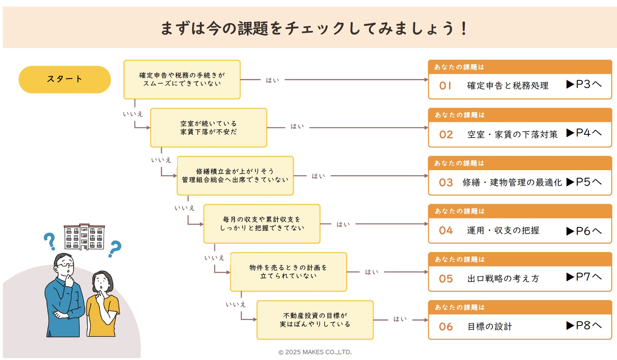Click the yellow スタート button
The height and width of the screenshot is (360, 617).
pyautogui.click(x=64, y=79)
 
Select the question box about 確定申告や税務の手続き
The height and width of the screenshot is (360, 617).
pyautogui.click(x=182, y=79)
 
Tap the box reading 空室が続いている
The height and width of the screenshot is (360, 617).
pyautogui.click(x=209, y=128)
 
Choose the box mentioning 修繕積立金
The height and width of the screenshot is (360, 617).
pyautogui.click(x=235, y=176)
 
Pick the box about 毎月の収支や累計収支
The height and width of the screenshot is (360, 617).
pyautogui.click(x=262, y=224)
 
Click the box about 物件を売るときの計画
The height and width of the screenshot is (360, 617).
pyautogui.click(x=289, y=272)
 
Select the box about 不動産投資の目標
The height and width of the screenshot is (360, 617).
pyautogui.click(x=315, y=320)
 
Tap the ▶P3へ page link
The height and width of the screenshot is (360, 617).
pyautogui.click(x=584, y=84)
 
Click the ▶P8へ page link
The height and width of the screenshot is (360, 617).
pyautogui.click(x=584, y=326)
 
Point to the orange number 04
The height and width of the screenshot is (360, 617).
pyautogui.click(x=446, y=230)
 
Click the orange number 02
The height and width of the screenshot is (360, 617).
pyautogui.click(x=446, y=135)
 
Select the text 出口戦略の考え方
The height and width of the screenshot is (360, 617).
pyautogui.click(x=503, y=278)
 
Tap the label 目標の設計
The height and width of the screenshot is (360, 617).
pyautogui.click(x=490, y=326)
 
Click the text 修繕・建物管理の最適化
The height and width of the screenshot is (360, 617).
pyautogui.click(x=512, y=182)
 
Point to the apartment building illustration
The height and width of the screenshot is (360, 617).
pyautogui.click(x=84, y=237)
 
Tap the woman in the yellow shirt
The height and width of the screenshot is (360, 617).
pyautogui.click(x=102, y=305)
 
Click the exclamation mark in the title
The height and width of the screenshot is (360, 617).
pyautogui.click(x=464, y=29)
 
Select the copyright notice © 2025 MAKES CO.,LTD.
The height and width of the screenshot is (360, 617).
pyautogui.click(x=315, y=352)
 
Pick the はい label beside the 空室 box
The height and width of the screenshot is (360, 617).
pyautogui.click(x=297, y=127)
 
